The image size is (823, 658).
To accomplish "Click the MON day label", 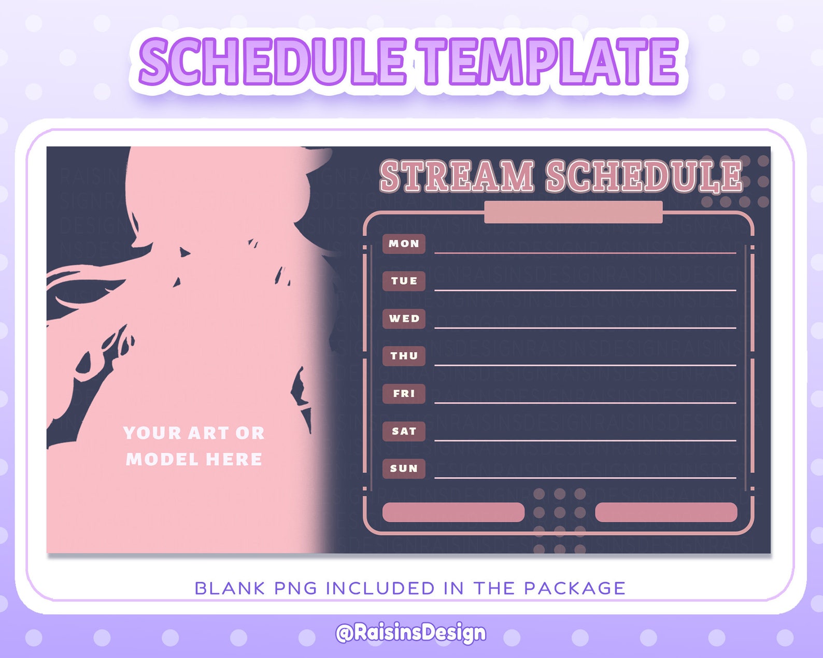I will [x=404, y=244].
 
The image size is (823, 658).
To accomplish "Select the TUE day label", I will [x=404, y=281].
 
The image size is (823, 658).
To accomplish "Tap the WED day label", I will [x=404, y=319].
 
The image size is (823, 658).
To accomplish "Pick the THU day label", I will [x=404, y=356].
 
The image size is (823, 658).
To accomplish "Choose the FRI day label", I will [x=404, y=394].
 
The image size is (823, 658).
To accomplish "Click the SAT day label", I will [x=404, y=431].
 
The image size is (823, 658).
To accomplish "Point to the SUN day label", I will [x=404, y=468].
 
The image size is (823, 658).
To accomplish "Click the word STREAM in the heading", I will [x=457, y=177].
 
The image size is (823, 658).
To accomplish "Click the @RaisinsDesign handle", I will [x=411, y=633].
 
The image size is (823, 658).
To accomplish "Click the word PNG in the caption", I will [x=295, y=589].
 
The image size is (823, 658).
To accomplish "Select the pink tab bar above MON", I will [x=573, y=212].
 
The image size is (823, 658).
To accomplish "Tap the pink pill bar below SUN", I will [x=453, y=512].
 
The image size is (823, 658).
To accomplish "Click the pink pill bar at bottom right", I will [x=666, y=512].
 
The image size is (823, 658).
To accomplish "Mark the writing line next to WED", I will [x=585, y=328].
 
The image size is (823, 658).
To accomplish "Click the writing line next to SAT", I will [x=585, y=440].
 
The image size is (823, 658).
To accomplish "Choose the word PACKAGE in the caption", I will [x=575, y=589].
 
